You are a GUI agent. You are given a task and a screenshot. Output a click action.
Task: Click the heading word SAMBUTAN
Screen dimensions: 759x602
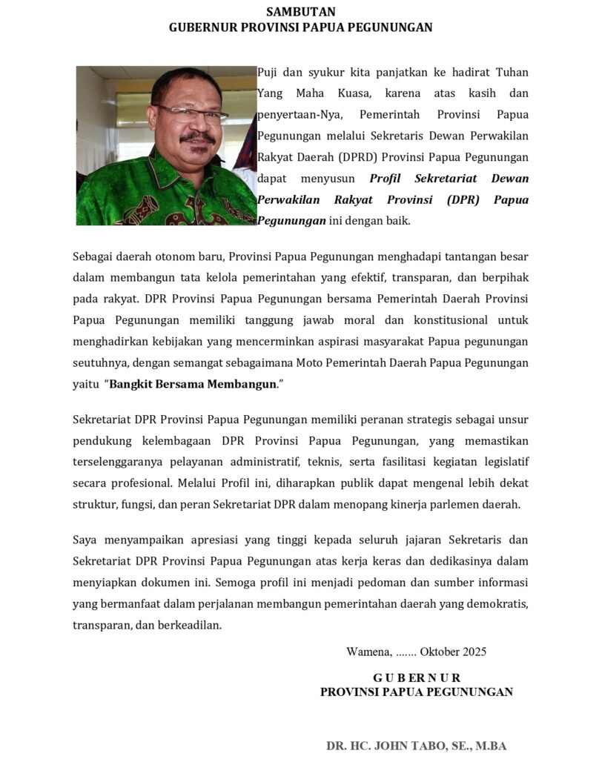point(300,11)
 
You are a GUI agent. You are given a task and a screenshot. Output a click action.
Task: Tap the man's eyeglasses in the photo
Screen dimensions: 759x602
point(191,113)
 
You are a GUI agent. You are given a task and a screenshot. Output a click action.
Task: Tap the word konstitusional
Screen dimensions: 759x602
point(444,320)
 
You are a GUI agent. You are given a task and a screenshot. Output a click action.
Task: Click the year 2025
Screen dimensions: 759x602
point(474,652)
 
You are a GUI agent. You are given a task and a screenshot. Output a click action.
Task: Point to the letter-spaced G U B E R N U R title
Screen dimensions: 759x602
point(416,677)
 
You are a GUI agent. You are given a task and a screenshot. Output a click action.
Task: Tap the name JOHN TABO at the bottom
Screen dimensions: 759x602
point(405,746)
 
